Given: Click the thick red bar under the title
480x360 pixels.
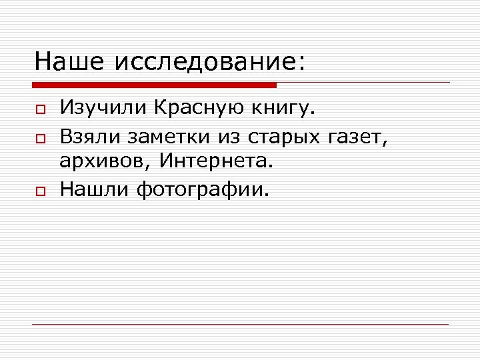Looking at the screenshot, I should coord(154,85).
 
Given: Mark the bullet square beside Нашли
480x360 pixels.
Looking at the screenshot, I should coord(40,191).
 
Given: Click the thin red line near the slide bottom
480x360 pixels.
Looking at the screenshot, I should coord(240,324).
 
